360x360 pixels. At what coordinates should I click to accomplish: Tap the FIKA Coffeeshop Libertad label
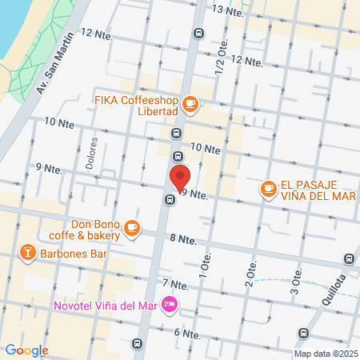(x=135, y=106)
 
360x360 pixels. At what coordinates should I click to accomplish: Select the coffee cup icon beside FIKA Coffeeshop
(x=190, y=102)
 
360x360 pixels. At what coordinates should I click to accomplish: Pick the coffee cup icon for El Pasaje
(x=267, y=189)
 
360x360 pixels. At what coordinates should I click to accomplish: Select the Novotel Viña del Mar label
(x=103, y=305)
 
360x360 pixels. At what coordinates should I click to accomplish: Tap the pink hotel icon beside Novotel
(x=169, y=305)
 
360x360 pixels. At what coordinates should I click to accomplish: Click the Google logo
(x=26, y=350)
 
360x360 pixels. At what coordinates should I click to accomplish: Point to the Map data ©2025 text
(x=324, y=353)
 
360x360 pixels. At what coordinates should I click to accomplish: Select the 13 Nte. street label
(x=227, y=9)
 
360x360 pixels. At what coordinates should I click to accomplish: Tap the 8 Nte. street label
(x=183, y=239)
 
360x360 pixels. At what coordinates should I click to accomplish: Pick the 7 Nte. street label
(x=175, y=284)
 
